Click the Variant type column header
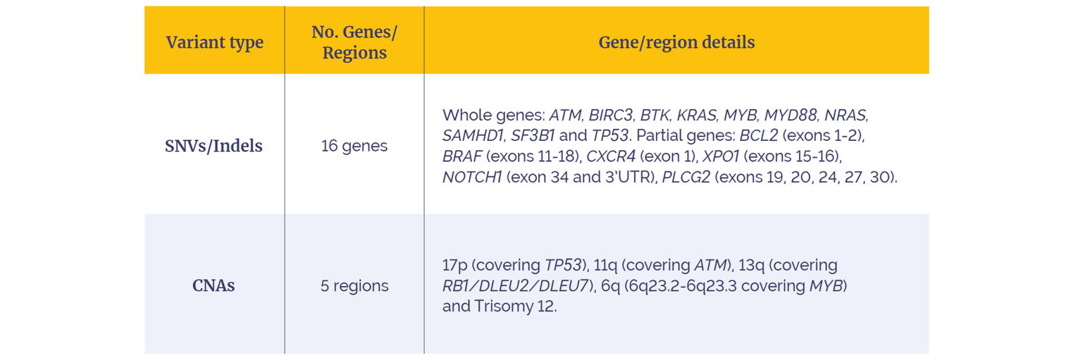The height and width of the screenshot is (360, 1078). pyautogui.click(x=215, y=42)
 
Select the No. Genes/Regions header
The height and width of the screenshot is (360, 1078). pyautogui.click(x=354, y=42)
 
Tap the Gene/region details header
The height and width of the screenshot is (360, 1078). pyautogui.click(x=676, y=42)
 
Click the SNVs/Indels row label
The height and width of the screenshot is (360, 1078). pyautogui.click(x=213, y=146)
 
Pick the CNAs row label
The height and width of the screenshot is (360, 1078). pyautogui.click(x=213, y=285)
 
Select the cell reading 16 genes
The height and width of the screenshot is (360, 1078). pyautogui.click(x=354, y=146)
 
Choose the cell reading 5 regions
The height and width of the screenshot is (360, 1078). pyautogui.click(x=354, y=286)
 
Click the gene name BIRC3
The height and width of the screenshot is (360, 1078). pyautogui.click(x=610, y=115)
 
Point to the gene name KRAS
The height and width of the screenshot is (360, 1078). pyautogui.click(x=696, y=115)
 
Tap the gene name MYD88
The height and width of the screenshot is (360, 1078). pyautogui.click(x=791, y=115)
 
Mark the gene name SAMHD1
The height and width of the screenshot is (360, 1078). pyautogui.click(x=473, y=136)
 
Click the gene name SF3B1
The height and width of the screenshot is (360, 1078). pyautogui.click(x=532, y=136)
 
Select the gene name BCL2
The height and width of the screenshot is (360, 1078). pyautogui.click(x=758, y=136)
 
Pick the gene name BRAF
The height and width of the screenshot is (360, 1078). pyautogui.click(x=462, y=156)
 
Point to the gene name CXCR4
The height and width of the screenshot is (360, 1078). pyautogui.click(x=611, y=156)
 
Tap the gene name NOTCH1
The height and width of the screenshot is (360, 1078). pyautogui.click(x=472, y=177)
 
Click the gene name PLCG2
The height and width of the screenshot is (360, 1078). pyautogui.click(x=686, y=177)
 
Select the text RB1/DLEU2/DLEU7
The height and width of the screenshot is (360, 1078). pyautogui.click(x=515, y=286)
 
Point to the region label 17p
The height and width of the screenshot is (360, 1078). pyautogui.click(x=454, y=265)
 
